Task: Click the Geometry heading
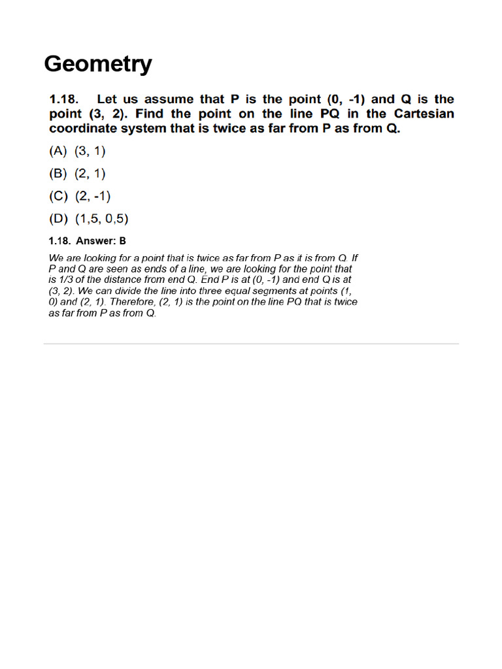click(98, 65)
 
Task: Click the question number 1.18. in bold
click(64, 99)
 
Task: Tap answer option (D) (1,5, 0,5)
click(93, 219)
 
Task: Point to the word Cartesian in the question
click(424, 114)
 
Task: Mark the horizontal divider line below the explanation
click(251, 343)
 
